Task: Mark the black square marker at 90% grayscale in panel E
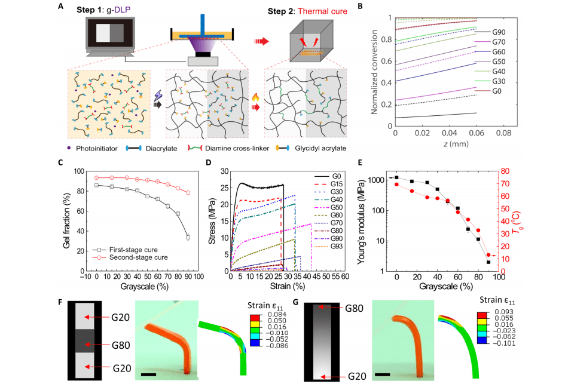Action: (488, 262)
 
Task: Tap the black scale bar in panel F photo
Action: (149, 375)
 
